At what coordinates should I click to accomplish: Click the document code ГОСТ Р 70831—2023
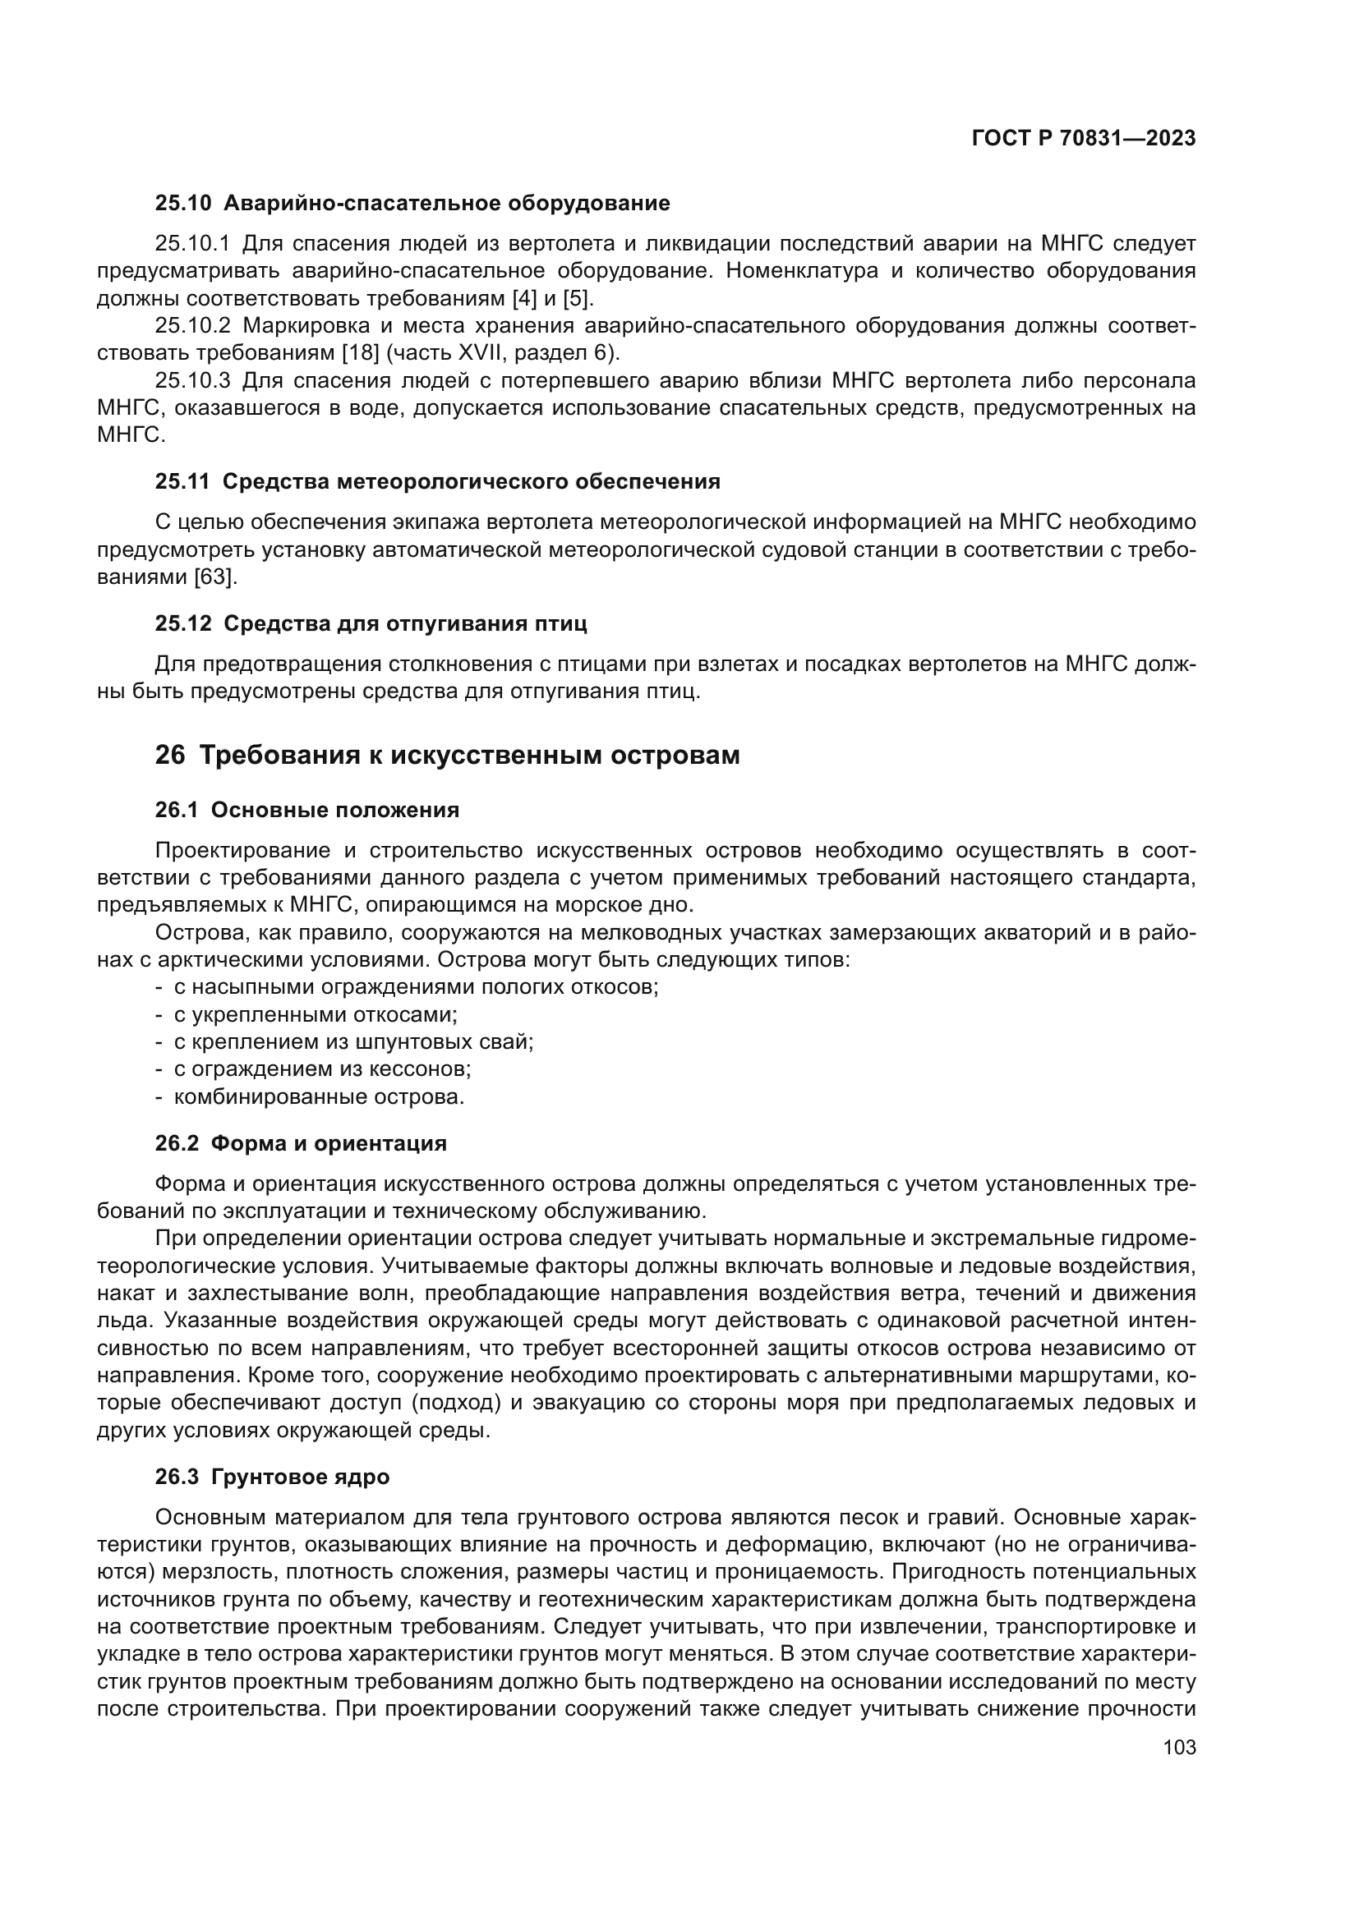tap(1083, 139)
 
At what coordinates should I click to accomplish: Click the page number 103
tap(1179, 1748)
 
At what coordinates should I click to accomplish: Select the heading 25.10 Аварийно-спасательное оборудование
tap(412, 204)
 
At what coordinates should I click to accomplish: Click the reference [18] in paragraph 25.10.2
tap(361, 352)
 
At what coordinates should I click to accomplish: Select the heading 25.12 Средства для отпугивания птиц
tap(371, 623)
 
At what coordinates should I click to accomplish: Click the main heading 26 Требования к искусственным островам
tap(447, 755)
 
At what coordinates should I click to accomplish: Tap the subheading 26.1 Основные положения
tap(307, 810)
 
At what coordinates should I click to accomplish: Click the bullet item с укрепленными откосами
tap(316, 1015)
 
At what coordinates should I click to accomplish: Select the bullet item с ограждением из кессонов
tap(322, 1069)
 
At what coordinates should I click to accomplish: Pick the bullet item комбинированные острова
tap(319, 1097)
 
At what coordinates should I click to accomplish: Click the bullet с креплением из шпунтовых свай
tap(353, 1042)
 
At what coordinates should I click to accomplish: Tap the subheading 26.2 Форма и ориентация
tap(301, 1144)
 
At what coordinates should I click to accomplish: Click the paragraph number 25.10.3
tap(192, 381)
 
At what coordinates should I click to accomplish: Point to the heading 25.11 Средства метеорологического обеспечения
tap(437, 482)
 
